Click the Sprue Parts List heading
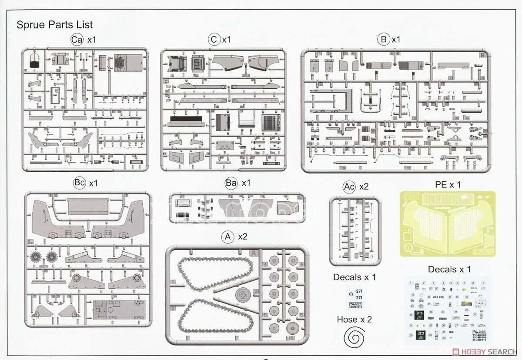(54, 24)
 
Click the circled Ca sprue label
(77, 40)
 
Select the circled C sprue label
(214, 40)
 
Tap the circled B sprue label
(383, 40)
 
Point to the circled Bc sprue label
(80, 183)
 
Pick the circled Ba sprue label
(231, 183)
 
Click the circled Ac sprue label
(349, 187)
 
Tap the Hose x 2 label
(354, 319)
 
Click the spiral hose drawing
(354, 338)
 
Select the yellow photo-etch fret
(448, 225)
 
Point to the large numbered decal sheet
(448, 310)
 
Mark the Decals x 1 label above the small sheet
(355, 277)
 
